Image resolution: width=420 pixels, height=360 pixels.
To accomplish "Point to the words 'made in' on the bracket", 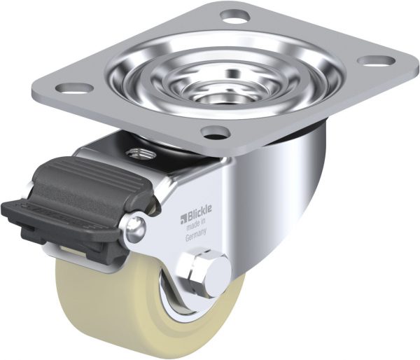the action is (x=196, y=224).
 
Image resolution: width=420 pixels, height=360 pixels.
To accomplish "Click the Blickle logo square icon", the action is (x=183, y=219).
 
